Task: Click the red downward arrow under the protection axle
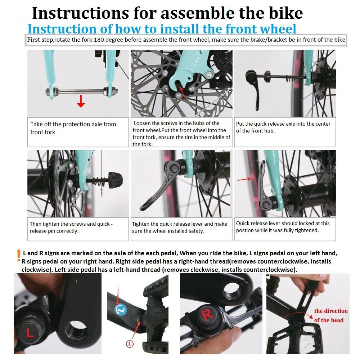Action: point(81,101)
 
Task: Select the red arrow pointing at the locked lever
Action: point(244,179)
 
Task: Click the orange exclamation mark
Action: point(19,256)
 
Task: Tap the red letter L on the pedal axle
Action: point(29,333)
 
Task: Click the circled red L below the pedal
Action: point(130,344)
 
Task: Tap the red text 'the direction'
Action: point(331,311)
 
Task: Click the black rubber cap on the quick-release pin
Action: point(116,179)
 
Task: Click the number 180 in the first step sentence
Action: point(99,40)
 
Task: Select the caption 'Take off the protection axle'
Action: point(73,128)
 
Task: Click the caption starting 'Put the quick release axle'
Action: point(283,127)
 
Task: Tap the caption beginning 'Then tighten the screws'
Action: point(71,227)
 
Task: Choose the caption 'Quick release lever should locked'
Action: point(283,226)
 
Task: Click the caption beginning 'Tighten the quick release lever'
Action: point(180,227)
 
